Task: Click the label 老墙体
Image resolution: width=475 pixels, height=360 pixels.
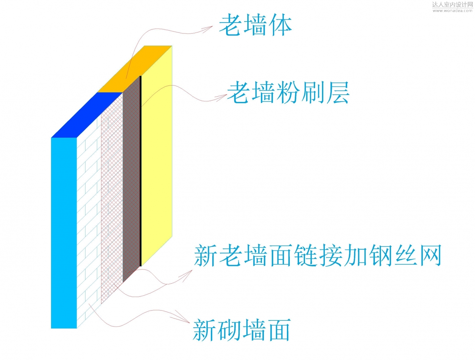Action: click(x=255, y=25)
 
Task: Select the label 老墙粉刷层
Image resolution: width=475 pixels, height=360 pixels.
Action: click(x=288, y=92)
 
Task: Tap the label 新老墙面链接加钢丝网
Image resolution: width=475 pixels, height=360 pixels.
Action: click(x=318, y=255)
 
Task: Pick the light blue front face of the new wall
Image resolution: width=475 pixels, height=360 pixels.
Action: click(x=64, y=233)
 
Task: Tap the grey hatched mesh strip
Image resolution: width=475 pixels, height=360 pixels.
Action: click(x=131, y=180)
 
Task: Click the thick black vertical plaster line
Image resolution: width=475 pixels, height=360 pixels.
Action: click(x=141, y=171)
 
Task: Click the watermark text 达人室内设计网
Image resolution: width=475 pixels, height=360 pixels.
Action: click(x=453, y=4)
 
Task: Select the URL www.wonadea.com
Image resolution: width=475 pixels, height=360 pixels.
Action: click(x=453, y=10)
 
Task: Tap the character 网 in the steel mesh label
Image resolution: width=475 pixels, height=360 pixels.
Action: click(x=430, y=255)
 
